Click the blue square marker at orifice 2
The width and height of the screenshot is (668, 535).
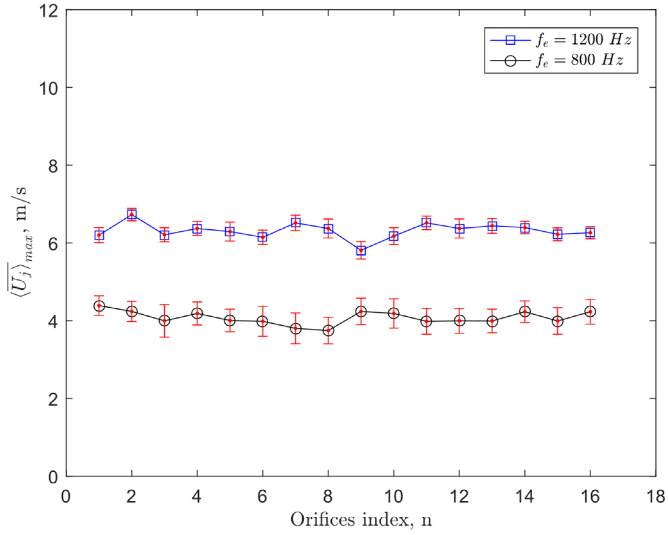click(x=132, y=214)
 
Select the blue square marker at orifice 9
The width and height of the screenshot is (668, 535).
click(x=361, y=250)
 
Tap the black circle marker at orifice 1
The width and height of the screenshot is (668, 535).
click(x=99, y=306)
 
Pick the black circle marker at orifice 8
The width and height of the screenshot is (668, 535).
click(x=328, y=330)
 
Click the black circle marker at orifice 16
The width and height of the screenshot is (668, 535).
click(x=590, y=311)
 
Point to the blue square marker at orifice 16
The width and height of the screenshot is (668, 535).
click(x=590, y=232)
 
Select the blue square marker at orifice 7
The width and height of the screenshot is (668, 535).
click(x=296, y=223)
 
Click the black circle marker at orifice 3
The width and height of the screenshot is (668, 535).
click(x=164, y=320)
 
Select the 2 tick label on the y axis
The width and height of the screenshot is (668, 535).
click(x=53, y=399)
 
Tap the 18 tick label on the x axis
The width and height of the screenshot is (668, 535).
click(x=655, y=496)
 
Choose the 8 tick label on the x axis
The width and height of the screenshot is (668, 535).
click(x=328, y=496)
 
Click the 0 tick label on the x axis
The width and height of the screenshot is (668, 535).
click(x=66, y=496)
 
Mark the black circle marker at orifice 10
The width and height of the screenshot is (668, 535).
click(x=394, y=313)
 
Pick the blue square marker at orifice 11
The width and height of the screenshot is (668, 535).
click(x=426, y=223)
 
